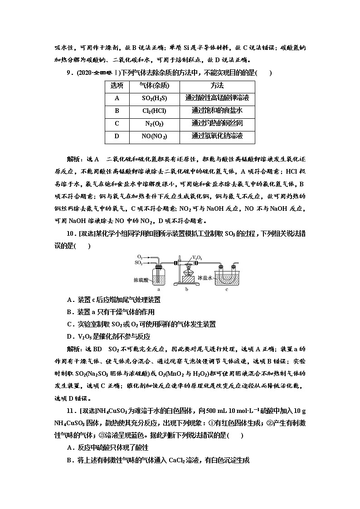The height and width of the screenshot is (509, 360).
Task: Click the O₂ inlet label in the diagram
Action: coord(139,257)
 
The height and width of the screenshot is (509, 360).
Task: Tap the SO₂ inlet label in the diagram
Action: coord(139,262)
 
